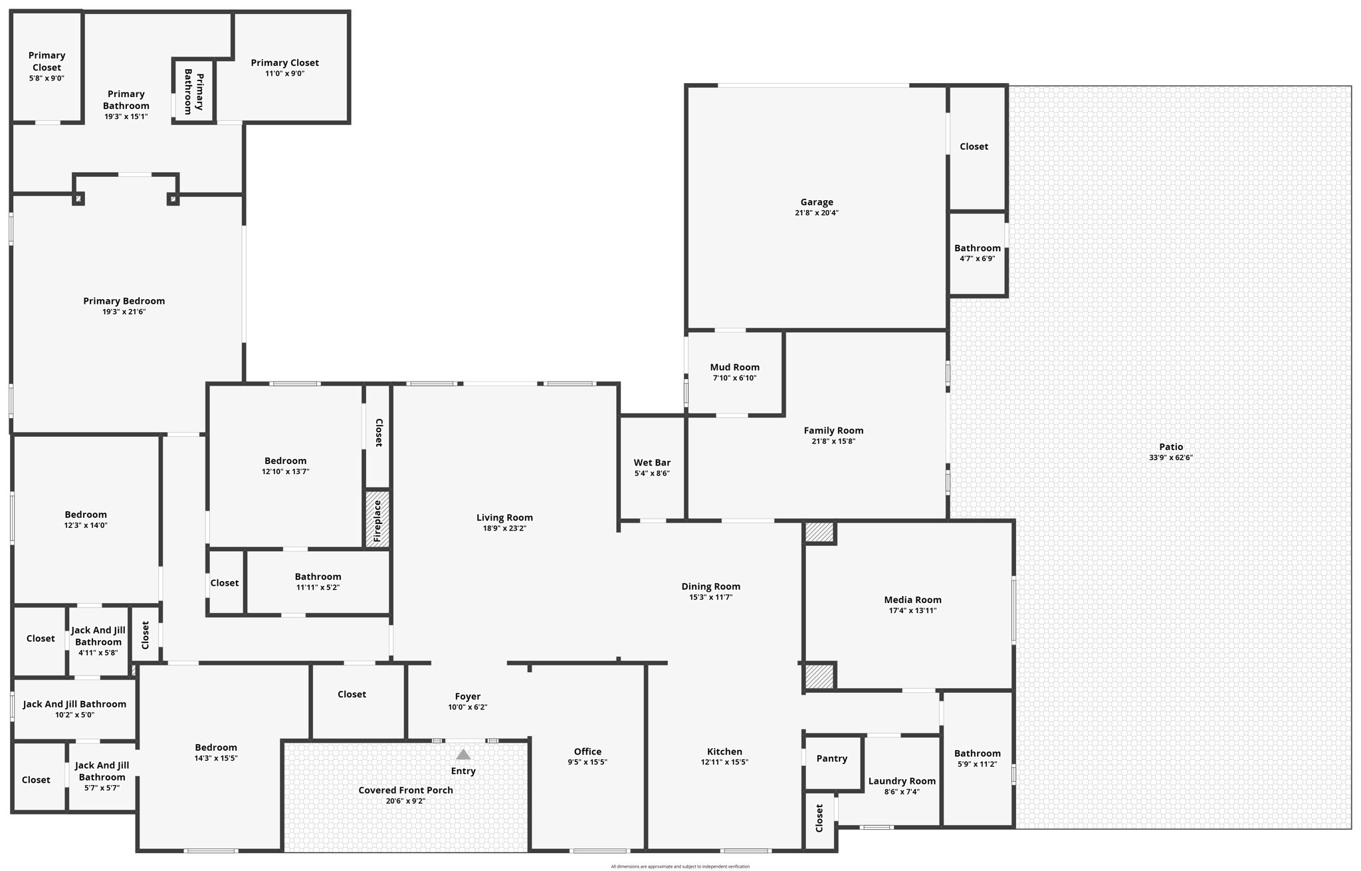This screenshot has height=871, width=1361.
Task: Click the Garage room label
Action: click(x=816, y=202)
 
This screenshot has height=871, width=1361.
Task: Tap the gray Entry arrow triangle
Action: click(x=463, y=755)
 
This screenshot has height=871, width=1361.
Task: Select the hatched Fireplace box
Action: click(x=377, y=520)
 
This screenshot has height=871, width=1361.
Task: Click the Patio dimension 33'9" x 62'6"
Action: click(x=1170, y=457)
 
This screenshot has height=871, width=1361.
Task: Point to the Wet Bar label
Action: click(x=651, y=463)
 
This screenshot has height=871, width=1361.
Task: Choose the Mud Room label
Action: click(x=734, y=367)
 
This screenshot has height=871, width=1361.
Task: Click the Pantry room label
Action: click(x=831, y=759)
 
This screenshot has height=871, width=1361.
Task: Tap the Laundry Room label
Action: click(x=902, y=781)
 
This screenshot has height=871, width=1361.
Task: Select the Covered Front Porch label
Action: click(x=405, y=790)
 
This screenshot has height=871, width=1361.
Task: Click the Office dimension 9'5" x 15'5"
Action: click(x=587, y=762)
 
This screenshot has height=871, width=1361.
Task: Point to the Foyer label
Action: click(x=467, y=697)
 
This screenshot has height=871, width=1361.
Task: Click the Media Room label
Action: click(x=912, y=600)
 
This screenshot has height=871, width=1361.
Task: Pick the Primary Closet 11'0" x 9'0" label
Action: click(x=284, y=63)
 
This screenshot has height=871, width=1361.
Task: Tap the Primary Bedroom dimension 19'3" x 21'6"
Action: click(x=124, y=312)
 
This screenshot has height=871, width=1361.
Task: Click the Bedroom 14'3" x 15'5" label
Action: click(x=215, y=747)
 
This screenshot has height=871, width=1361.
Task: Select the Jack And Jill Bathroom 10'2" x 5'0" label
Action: click(x=74, y=704)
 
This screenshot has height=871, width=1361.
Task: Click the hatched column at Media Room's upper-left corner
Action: click(x=819, y=532)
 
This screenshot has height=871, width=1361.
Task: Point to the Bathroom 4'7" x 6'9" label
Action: click(x=977, y=248)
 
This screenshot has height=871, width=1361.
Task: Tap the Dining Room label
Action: click(x=710, y=586)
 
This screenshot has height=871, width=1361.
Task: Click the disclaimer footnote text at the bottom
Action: click(x=680, y=866)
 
